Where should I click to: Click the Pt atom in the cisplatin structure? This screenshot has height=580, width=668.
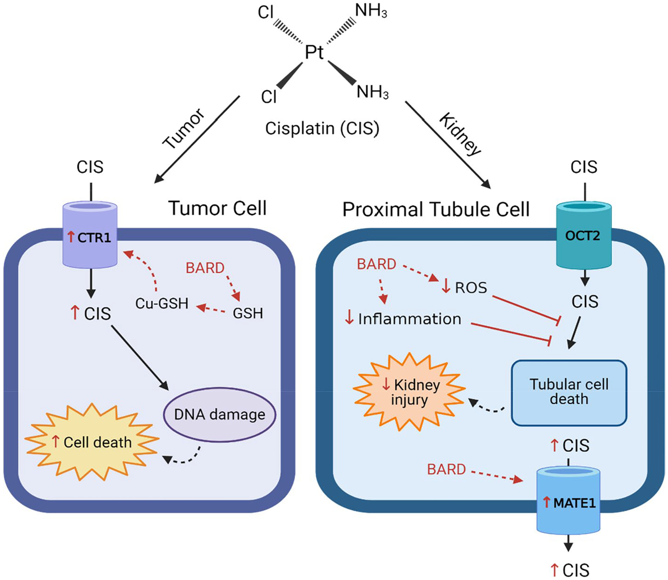coord(314,52)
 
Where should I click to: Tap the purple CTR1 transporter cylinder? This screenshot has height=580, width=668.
coord(90,235)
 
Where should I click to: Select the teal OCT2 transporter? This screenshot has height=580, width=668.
coord(583,235)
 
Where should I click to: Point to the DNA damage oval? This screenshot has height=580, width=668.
coord(220,414)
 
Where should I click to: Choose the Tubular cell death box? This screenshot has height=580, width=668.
coord(569,392)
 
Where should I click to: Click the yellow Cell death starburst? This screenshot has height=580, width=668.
coord(92,442)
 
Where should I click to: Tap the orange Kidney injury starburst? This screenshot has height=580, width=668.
coord(409,392)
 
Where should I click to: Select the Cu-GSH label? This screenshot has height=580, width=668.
coord(162,304)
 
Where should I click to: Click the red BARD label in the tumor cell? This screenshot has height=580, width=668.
coord(205,268)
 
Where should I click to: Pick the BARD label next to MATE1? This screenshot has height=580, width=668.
coord(446,469)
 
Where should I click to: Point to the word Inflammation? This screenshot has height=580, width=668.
coord(409,319)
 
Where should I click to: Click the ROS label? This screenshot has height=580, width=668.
coord(471,288)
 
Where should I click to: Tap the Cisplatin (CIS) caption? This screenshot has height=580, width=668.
coord(322,129)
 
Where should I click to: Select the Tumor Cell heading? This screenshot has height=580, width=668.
coord(217,208)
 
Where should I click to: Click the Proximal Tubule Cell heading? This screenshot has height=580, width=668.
coord(436,209)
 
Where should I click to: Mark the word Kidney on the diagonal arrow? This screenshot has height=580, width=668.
coord(461,134)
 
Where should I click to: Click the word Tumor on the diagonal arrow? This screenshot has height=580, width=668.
coord(184,128)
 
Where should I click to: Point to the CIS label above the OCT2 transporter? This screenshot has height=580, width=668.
coord(584,167)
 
